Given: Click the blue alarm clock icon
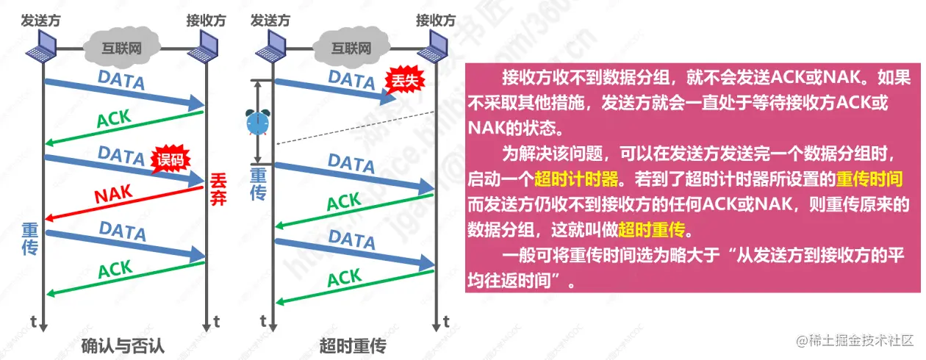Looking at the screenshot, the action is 257,122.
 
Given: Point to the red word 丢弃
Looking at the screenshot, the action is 218,188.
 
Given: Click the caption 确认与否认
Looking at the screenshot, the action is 123,345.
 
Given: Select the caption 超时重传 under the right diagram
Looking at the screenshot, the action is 353,345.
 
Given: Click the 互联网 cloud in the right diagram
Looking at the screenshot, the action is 351,48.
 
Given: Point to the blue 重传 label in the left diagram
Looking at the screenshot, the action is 29,239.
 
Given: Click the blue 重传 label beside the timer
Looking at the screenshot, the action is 259,184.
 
